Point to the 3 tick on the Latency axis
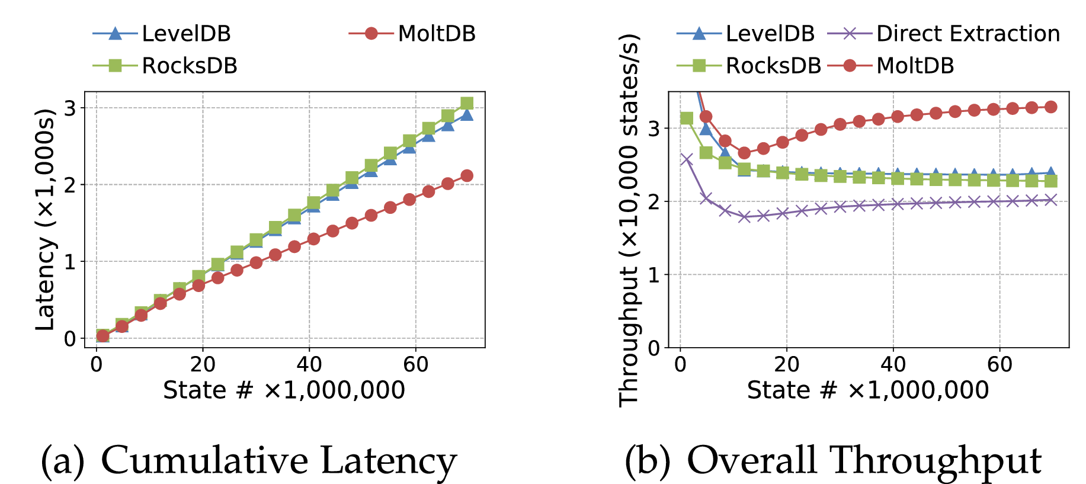pos(71,108)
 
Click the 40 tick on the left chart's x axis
pos(309,364)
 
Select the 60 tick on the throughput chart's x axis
pos(999,364)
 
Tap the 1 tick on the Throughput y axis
pos(654,275)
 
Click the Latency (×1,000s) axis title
pos(45,219)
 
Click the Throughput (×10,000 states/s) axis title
pos(629,219)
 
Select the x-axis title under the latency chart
pos(284,390)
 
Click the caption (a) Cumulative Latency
pos(249,460)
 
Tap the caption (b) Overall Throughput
pos(832,460)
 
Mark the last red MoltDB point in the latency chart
pos(467,175)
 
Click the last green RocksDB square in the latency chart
pos(467,104)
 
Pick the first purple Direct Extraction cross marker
pos(686,159)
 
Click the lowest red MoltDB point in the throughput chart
pos(744,153)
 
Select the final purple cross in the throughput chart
pos(1050,200)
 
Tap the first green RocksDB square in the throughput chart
pos(686,118)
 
